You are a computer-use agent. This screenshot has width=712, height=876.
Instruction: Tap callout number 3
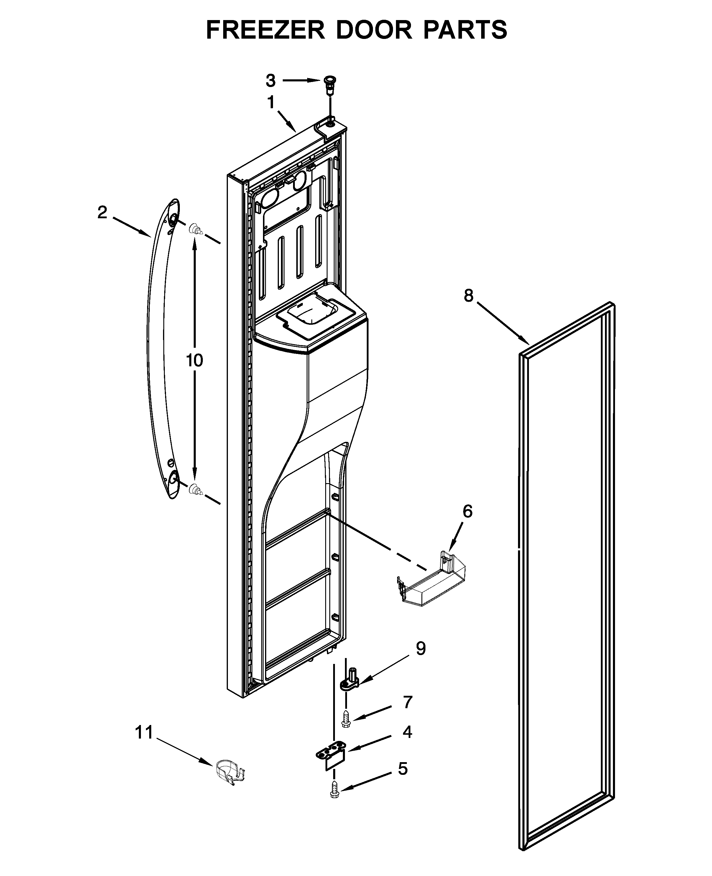coord(270,81)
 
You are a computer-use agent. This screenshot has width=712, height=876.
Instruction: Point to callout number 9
coord(421,648)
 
